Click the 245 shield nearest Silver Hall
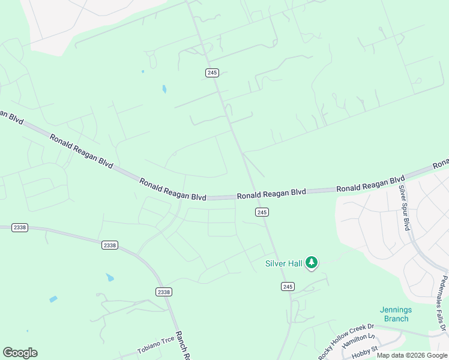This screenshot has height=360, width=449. click(x=288, y=287)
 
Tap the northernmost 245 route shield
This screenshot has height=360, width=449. click(x=211, y=73)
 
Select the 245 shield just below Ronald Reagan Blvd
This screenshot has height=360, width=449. click(x=261, y=212)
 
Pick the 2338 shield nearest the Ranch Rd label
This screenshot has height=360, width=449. click(x=163, y=292)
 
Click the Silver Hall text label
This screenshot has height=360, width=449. click(x=284, y=263)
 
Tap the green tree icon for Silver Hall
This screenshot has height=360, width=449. click(x=311, y=262)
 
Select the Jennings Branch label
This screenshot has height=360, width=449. click(x=396, y=314)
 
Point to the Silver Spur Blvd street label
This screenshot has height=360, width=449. click(x=404, y=208)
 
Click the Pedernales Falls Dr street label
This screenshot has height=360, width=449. click(x=442, y=304)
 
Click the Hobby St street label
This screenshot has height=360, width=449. click(x=364, y=352)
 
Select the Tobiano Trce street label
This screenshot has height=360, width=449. click(x=155, y=344)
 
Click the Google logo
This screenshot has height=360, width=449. click(x=20, y=353)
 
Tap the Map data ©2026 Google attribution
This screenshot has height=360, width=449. click(x=412, y=355)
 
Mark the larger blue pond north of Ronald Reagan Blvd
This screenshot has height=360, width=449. click(x=164, y=89)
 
